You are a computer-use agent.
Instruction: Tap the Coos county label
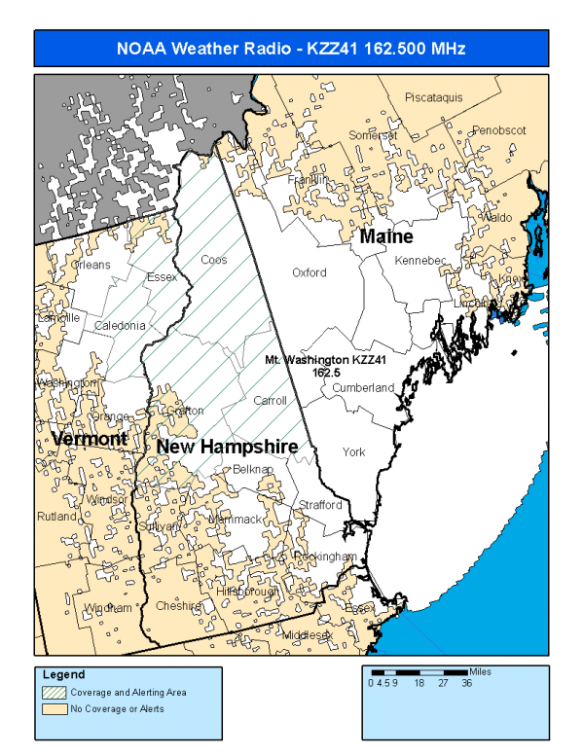[213, 260]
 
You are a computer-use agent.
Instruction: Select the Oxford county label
[310, 273]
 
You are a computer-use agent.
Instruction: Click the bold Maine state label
[385, 237]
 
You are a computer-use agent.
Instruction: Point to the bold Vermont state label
[90, 439]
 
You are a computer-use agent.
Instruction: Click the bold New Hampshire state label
[227, 446]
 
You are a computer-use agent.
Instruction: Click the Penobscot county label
[498, 130]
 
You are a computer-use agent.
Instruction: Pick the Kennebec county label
[419, 261]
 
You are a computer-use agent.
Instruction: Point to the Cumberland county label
[363, 387]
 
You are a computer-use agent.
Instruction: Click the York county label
[353, 452]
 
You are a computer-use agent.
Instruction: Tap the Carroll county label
[270, 401]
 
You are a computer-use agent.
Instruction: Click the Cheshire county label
[178, 605]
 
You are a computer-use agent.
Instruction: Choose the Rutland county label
[57, 517]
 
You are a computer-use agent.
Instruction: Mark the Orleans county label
[91, 265]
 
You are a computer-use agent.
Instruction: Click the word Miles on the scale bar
[481, 671]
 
